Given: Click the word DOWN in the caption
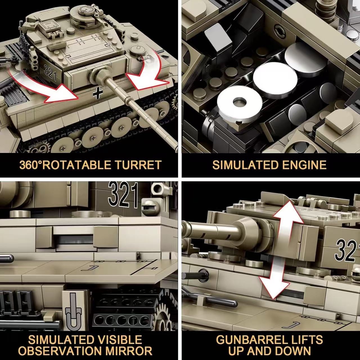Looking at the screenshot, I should click(x=292, y=351).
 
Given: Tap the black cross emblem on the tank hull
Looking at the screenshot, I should click(x=98, y=93).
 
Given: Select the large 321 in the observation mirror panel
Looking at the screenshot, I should click(x=123, y=194).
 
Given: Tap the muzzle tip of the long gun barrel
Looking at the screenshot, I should click(x=175, y=148).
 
